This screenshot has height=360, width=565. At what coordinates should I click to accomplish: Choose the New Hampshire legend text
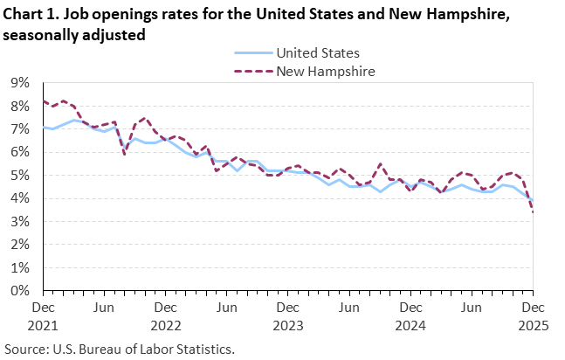pyautogui.click(x=325, y=71)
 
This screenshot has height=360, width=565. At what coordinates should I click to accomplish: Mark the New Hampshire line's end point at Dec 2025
pyautogui.click(x=534, y=211)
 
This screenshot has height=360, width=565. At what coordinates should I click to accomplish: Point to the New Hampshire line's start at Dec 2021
pyautogui.click(x=43, y=101)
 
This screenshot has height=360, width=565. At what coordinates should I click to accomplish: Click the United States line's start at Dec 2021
pyautogui.click(x=43, y=128)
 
